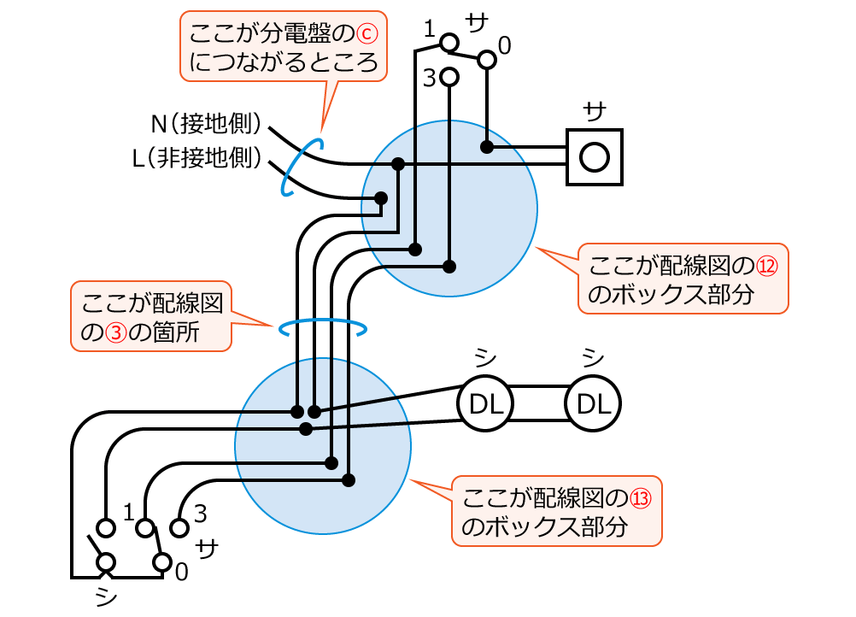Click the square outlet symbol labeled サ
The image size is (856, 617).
(595, 156)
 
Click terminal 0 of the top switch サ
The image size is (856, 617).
(486, 59)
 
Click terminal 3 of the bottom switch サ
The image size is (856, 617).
(179, 526)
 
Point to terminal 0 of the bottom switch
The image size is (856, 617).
(161, 562)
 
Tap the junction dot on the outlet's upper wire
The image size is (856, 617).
(486, 147)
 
